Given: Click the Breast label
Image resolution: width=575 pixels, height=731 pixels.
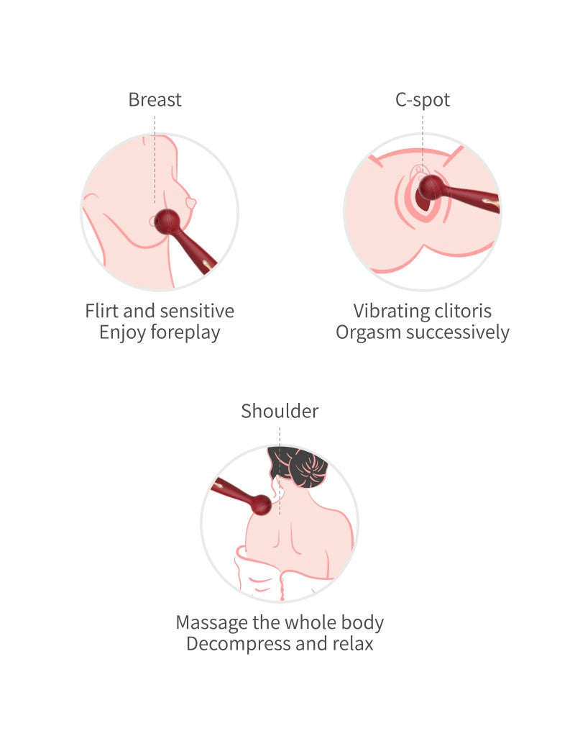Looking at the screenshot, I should pos(155,99).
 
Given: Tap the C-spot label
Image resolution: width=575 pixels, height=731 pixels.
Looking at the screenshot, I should pos(423,99).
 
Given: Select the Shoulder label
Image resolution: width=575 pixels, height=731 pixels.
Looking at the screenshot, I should pos(280,412).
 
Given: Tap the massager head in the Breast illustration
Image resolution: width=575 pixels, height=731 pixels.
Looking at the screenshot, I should pos(167,221).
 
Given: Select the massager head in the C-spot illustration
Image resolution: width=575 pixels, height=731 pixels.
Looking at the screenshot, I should pos(431,188).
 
